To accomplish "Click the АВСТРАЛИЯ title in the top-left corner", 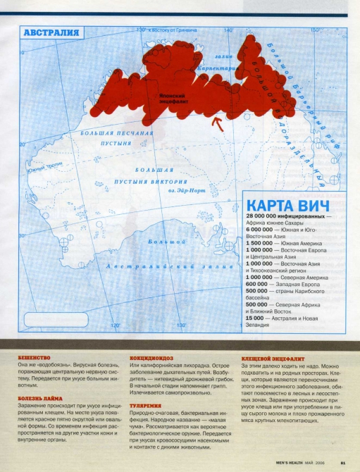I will [x=51, y=33].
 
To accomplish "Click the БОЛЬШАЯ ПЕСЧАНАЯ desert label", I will [x=108, y=133].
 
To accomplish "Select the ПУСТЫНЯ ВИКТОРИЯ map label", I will [x=145, y=181].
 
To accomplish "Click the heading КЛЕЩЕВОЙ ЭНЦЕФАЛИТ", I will [x=268, y=357].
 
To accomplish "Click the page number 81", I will [x=341, y=463].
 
